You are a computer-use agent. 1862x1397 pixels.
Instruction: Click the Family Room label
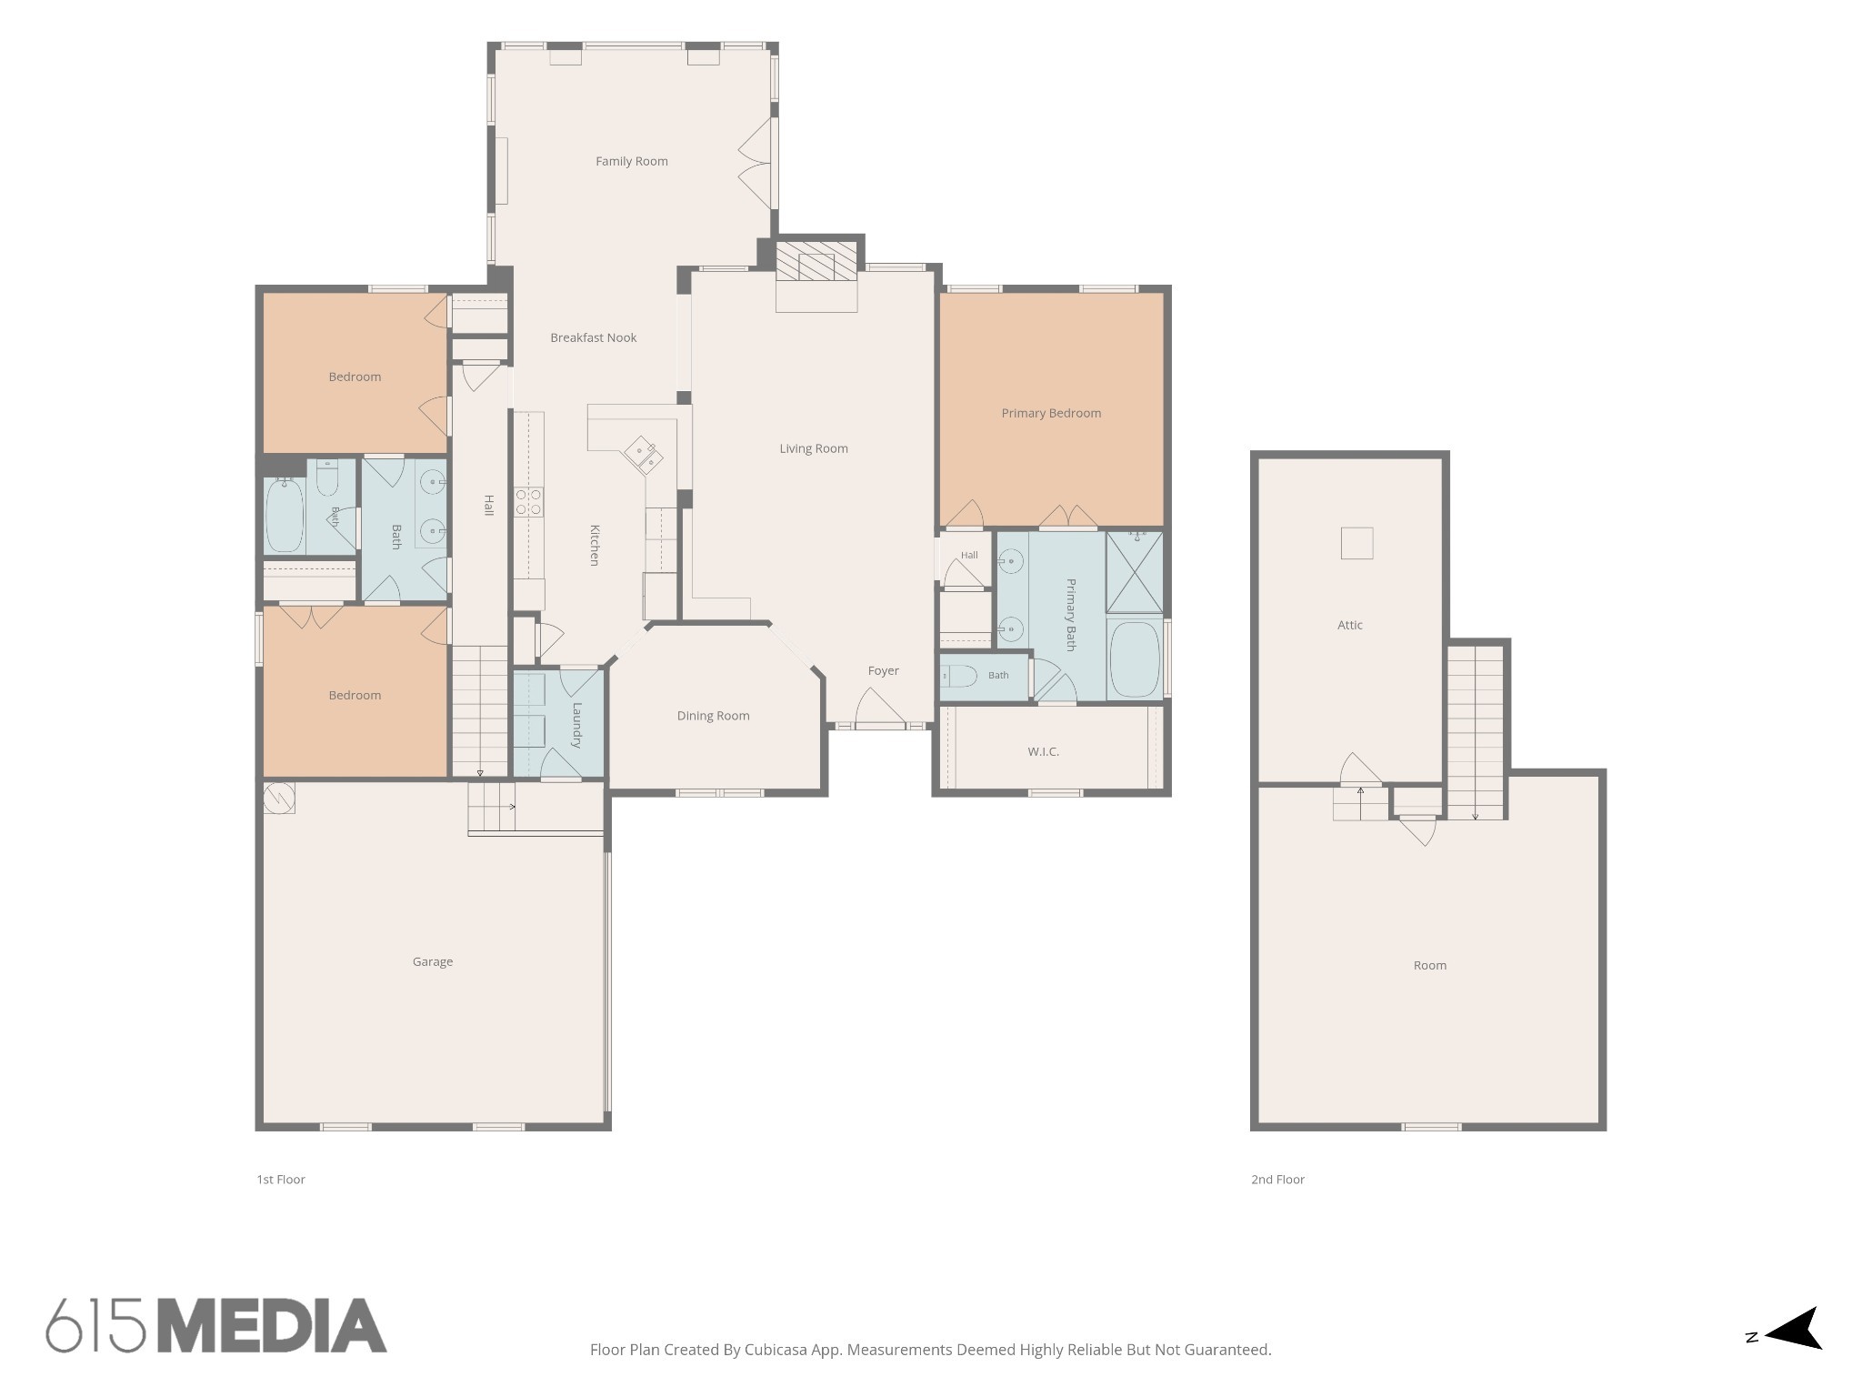coord(632,161)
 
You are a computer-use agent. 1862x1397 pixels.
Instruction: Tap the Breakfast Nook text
coord(594,337)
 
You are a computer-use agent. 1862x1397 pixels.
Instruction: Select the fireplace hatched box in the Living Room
coord(816,260)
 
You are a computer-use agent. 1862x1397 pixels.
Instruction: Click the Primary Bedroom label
coord(1051,413)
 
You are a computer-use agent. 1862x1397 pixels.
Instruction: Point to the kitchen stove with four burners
coord(528,502)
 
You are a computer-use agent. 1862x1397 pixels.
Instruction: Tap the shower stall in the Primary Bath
coord(1135,572)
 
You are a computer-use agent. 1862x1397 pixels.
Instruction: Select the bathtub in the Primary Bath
coord(1135,658)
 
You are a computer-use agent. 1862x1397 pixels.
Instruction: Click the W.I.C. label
coord(1044,752)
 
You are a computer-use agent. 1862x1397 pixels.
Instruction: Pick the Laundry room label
coord(576,725)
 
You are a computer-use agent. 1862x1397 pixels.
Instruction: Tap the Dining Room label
coord(714,716)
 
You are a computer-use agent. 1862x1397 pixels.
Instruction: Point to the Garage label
coord(433,961)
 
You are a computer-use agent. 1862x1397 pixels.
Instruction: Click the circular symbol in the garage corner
coord(279,798)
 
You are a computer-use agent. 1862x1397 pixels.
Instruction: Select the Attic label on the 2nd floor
coord(1350,625)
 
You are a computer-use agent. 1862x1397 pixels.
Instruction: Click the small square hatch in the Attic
coord(1356,543)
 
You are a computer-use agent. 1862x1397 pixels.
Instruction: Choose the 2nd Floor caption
coord(1277,1180)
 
